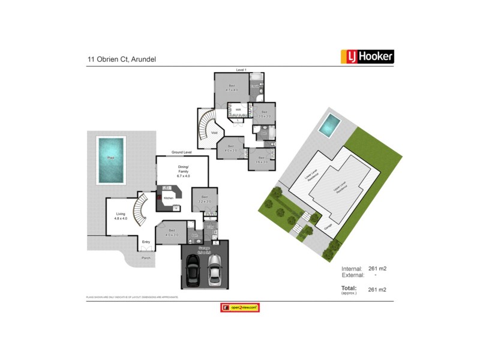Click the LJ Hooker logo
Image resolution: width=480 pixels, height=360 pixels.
(367, 56)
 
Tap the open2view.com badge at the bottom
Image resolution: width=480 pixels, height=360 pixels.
(239, 307)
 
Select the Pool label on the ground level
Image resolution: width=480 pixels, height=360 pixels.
(110, 158)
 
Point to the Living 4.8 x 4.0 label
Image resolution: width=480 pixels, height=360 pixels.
(120, 217)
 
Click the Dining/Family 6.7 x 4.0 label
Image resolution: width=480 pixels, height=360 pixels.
(183, 170)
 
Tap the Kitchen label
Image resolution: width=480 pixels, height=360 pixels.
(169, 197)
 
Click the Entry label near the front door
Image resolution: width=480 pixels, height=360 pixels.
(146, 242)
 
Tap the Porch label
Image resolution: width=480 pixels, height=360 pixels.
(145, 258)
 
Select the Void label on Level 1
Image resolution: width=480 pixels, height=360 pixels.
(214, 133)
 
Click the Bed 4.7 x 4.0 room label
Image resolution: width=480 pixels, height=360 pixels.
(232, 88)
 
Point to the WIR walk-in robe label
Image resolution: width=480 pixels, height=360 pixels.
(238, 110)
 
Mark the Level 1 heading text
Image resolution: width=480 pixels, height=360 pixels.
(241, 70)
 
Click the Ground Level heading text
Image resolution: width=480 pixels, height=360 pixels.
(181, 152)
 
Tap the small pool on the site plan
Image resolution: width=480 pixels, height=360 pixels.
(328, 125)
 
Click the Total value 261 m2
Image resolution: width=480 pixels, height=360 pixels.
(377, 290)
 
